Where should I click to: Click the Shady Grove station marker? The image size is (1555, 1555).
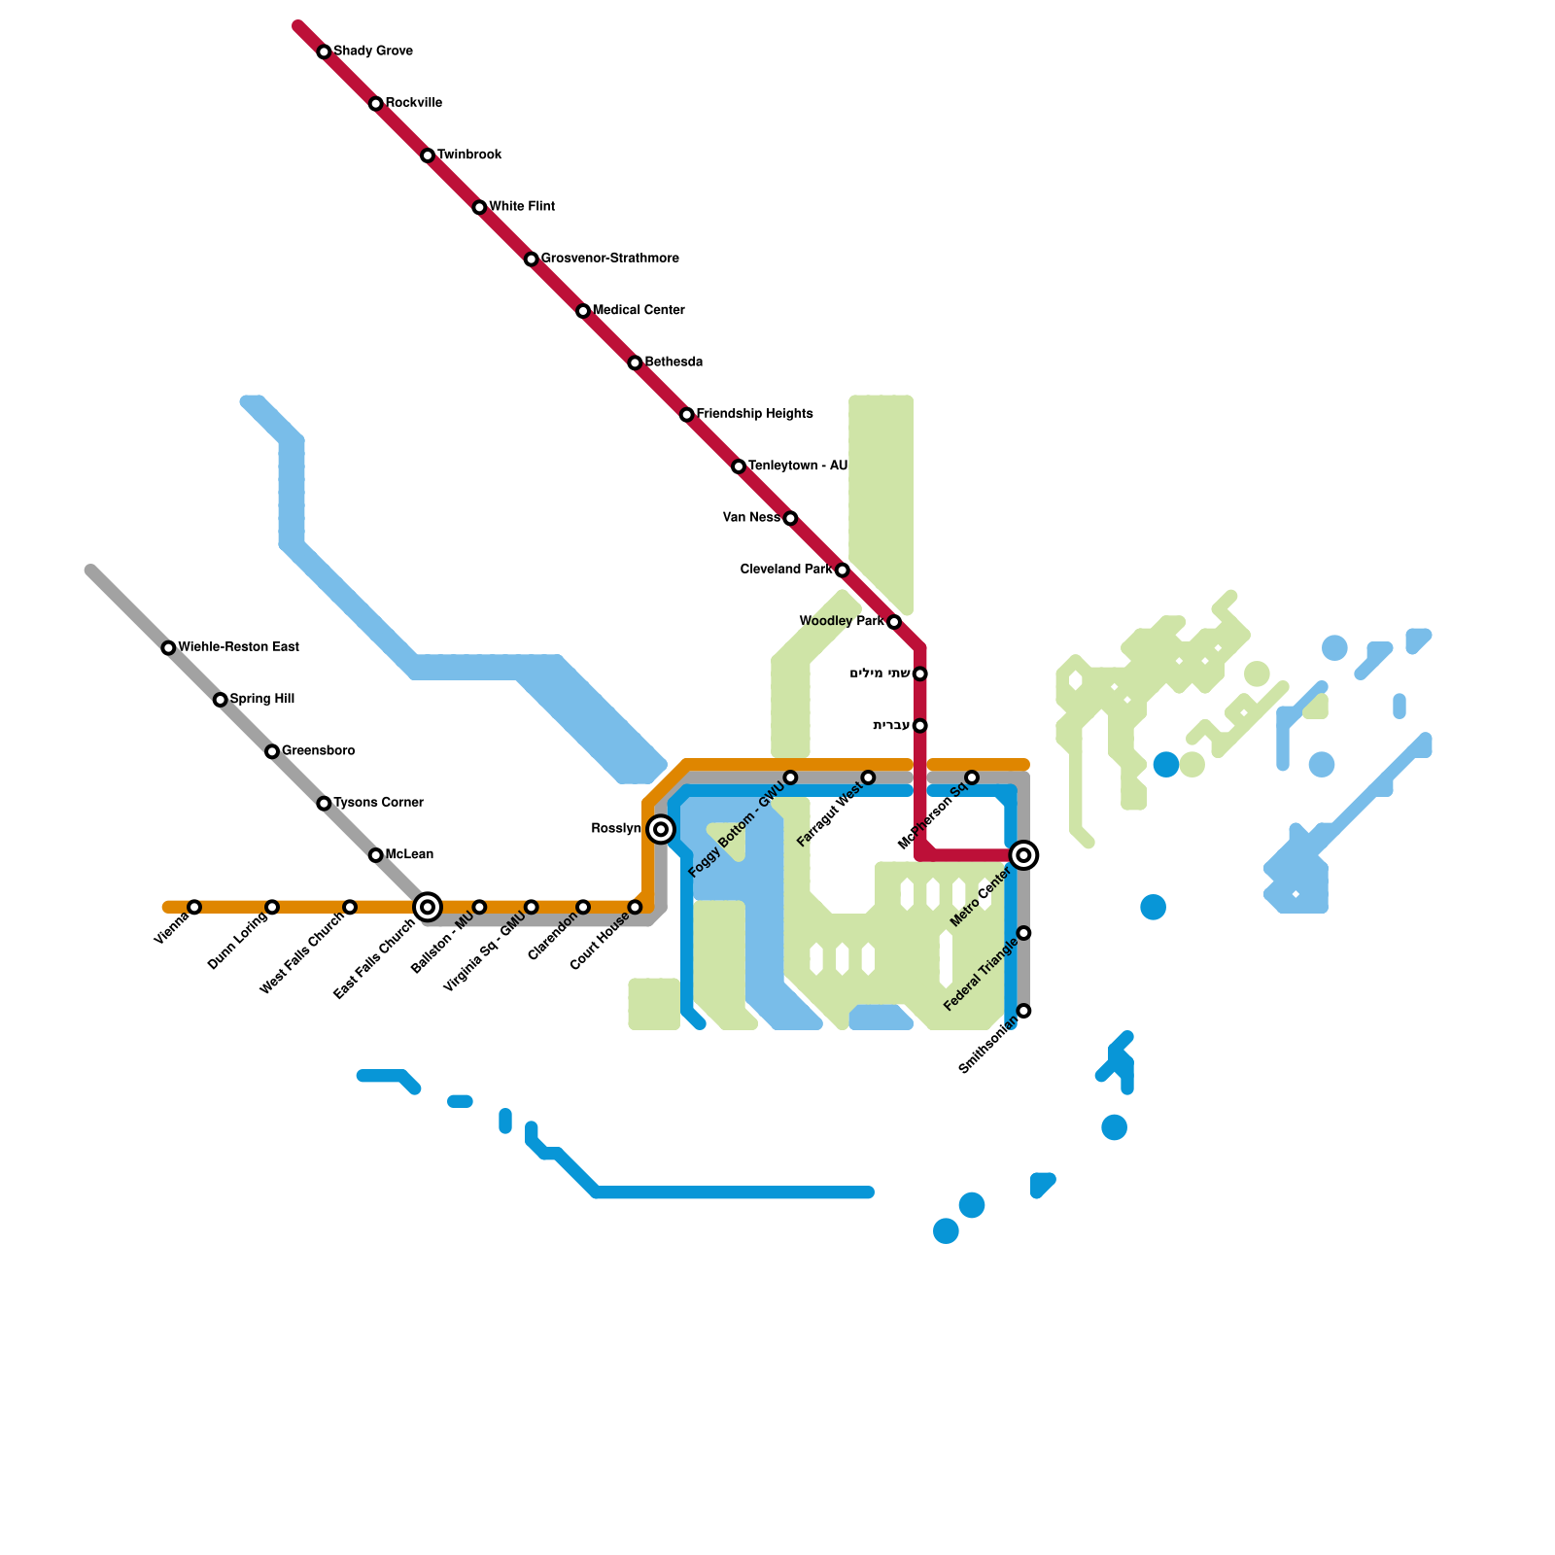(x=324, y=52)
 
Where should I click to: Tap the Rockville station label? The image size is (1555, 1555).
(x=413, y=103)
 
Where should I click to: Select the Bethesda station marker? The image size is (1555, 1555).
(x=635, y=363)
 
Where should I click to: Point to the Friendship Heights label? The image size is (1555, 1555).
(x=754, y=414)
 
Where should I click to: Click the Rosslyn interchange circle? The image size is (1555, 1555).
(x=661, y=829)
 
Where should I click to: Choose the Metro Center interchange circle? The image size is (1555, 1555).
(x=1023, y=855)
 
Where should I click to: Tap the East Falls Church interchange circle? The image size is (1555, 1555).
(x=428, y=907)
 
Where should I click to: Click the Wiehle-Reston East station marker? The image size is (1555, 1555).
(x=168, y=648)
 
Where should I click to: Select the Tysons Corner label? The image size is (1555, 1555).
(x=378, y=803)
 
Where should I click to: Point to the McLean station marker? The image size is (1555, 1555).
(x=376, y=855)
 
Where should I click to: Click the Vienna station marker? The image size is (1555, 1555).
(x=194, y=907)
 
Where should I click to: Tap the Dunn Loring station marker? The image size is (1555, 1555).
(x=272, y=907)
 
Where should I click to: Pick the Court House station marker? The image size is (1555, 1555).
(x=635, y=907)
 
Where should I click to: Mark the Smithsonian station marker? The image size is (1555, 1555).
(x=1023, y=1011)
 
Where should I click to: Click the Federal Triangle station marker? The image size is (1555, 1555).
(x=1023, y=933)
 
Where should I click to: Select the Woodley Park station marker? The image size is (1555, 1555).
(x=894, y=622)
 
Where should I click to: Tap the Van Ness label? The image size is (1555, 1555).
(x=751, y=518)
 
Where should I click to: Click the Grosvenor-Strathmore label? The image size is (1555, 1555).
(x=609, y=259)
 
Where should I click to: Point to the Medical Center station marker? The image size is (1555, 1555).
(x=583, y=311)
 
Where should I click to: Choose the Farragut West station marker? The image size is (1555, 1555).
(x=868, y=777)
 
